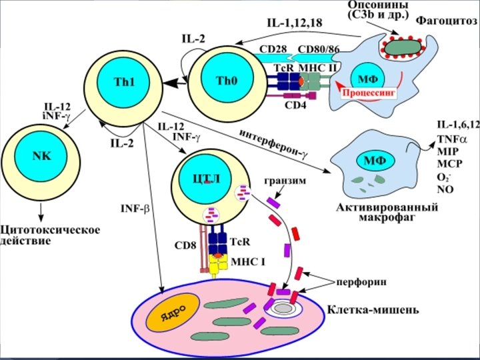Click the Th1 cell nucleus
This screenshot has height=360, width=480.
point(124,83)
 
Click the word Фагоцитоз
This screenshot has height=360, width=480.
point(447,20)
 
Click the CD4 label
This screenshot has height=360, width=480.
point(295,105)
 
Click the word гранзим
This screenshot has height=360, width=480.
point(285,180)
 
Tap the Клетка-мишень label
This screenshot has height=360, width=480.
point(373,309)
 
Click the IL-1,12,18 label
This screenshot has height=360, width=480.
point(294,23)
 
